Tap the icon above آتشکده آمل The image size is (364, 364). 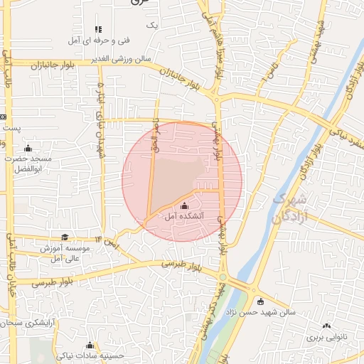(x=185, y=205)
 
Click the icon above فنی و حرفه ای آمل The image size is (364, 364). (x=98, y=29)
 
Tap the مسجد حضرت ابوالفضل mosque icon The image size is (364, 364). (x=28, y=148)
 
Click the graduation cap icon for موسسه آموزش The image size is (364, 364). (x=65, y=237)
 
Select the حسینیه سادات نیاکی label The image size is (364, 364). (x=91, y=355)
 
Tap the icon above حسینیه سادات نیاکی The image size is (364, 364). (x=90, y=345)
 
